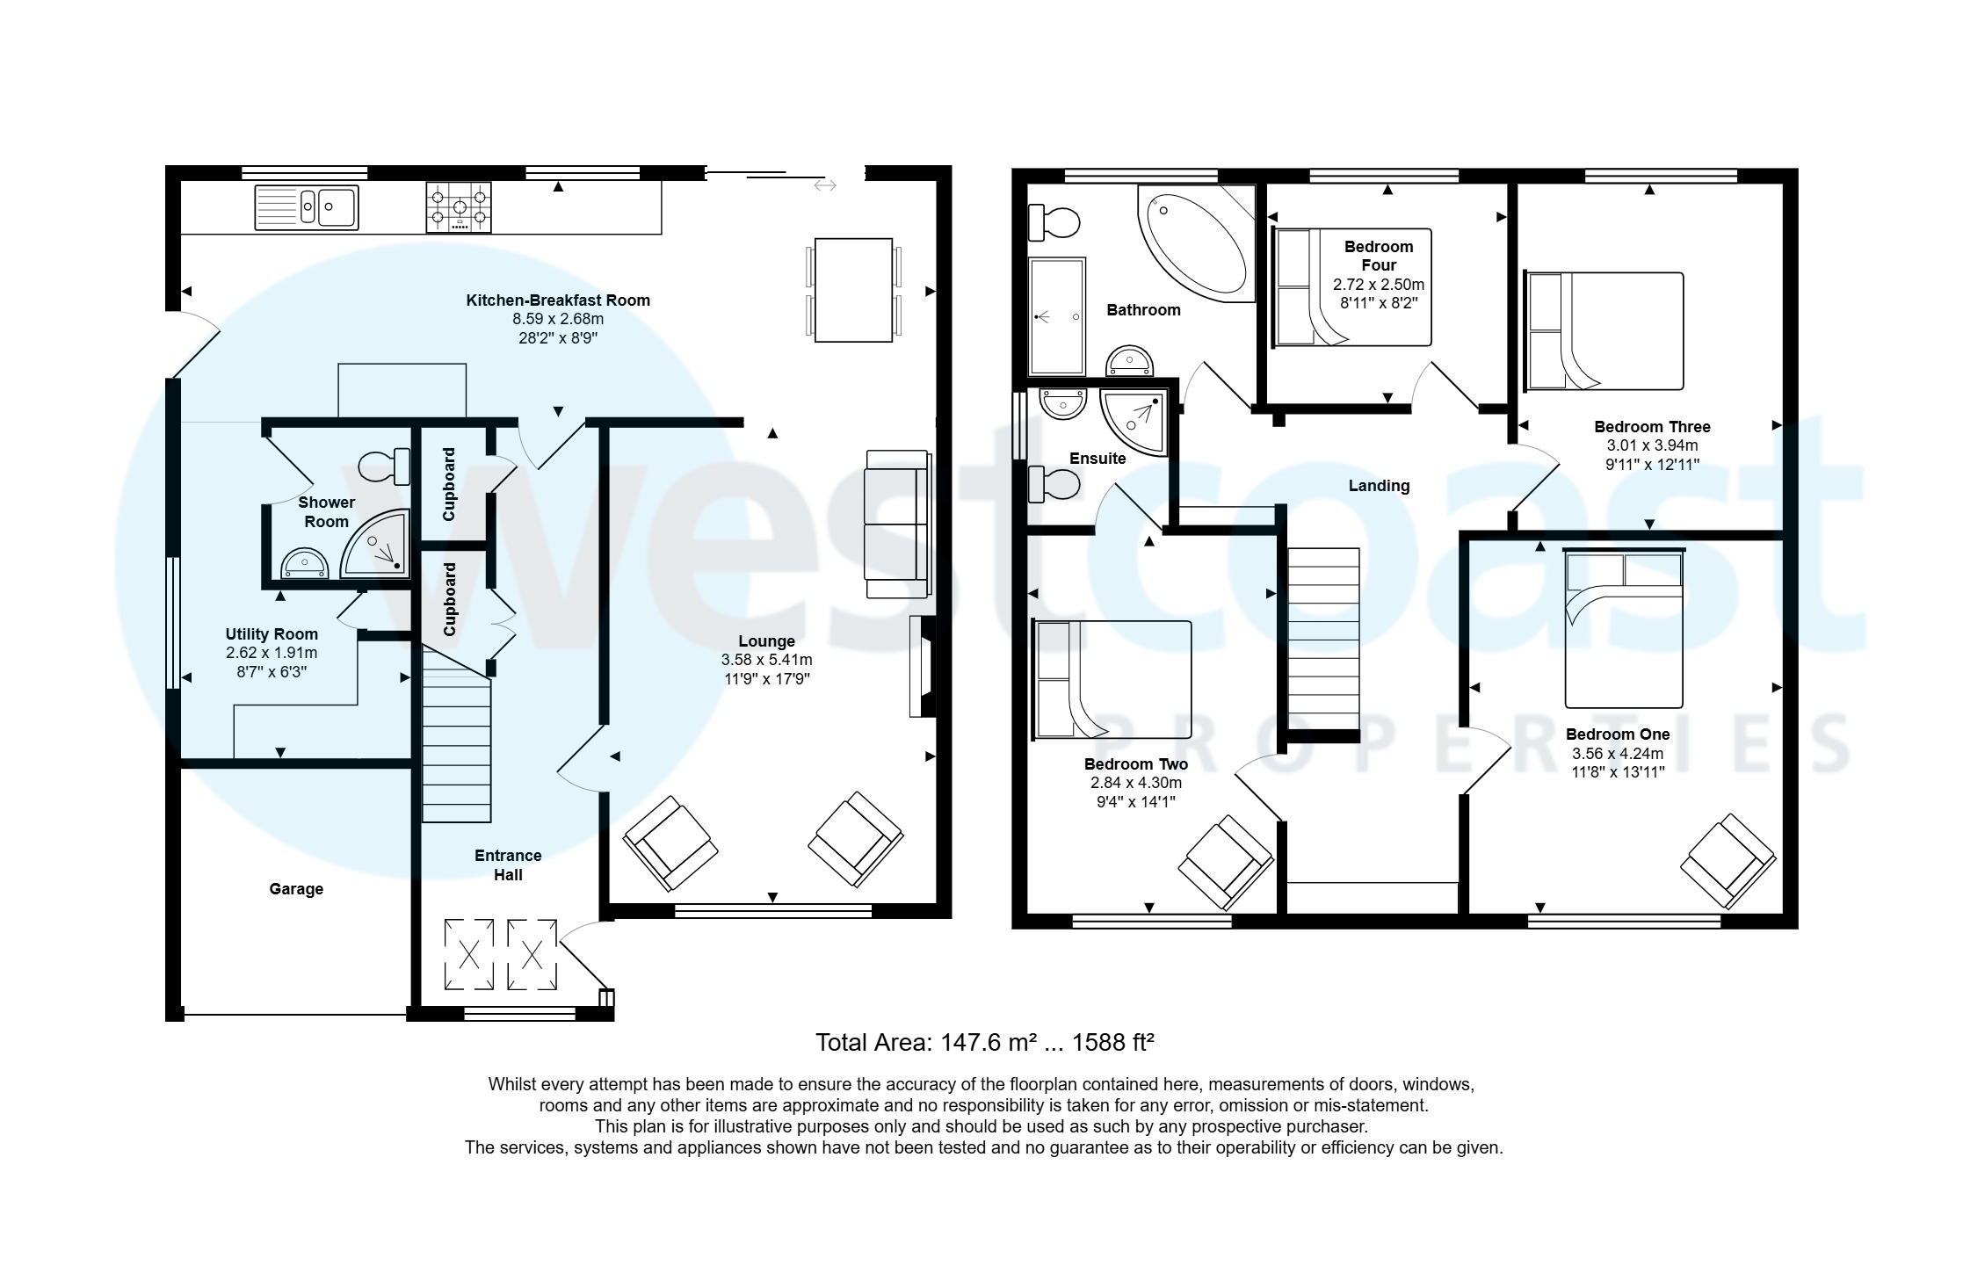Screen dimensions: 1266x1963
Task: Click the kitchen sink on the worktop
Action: coord(307,207)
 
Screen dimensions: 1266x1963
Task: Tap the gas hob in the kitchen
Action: coord(458,207)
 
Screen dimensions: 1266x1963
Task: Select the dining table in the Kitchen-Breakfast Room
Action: coord(852,290)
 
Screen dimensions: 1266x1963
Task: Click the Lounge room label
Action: coord(766,641)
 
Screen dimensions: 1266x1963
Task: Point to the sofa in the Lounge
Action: coord(896,524)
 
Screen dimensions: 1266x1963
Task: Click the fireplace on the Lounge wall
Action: coord(922,667)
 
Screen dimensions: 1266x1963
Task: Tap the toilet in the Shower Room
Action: coord(384,466)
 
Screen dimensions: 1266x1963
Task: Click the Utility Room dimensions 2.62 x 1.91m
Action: coord(272,653)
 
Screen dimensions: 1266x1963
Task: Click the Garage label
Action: coord(296,889)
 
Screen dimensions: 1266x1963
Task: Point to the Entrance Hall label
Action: coord(508,864)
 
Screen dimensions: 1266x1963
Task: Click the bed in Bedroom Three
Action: coord(1604,331)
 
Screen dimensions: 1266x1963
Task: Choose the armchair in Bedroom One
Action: coord(1728,861)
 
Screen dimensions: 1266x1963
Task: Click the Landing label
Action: coord(1379,486)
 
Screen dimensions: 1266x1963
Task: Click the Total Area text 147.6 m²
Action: coord(984,1043)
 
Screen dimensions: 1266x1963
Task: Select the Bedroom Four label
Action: coord(1378,256)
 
